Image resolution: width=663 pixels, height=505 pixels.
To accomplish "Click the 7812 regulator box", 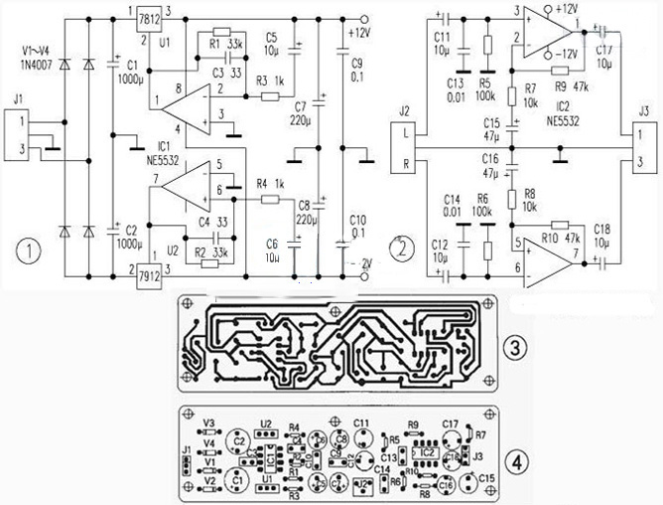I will point(150,18).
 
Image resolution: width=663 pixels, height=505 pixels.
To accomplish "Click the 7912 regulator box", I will point(151,270).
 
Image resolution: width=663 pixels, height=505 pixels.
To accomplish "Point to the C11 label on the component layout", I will point(363,423).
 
